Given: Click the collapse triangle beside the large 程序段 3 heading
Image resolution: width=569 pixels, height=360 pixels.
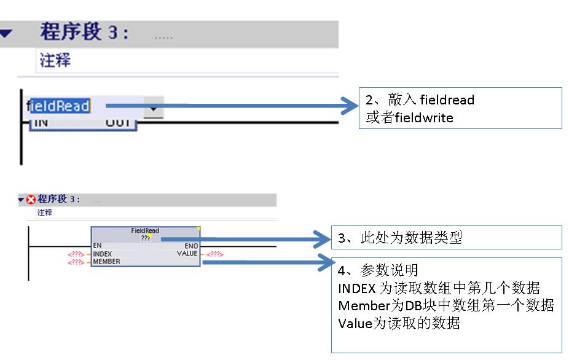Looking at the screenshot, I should click(x=6, y=34).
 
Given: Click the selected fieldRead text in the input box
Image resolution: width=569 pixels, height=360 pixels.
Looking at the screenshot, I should click(x=61, y=106).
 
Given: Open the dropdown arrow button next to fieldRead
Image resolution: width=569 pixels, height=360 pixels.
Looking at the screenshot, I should click(x=154, y=108).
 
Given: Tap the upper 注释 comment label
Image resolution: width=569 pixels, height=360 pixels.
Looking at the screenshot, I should click(x=55, y=60).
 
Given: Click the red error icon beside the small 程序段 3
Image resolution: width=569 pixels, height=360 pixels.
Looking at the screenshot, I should click(x=31, y=200).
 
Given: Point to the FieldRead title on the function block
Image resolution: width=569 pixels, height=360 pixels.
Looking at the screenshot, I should click(x=145, y=231).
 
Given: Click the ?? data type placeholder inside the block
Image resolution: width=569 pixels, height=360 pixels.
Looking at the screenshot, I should click(x=146, y=238).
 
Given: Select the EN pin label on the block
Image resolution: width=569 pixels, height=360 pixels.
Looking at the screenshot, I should click(x=97, y=245).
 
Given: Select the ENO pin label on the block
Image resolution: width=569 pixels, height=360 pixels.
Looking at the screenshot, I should click(x=190, y=245).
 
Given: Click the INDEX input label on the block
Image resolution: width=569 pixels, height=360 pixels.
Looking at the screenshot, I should click(x=102, y=253).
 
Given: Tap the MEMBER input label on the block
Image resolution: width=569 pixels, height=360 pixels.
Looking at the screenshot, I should click(x=106, y=261).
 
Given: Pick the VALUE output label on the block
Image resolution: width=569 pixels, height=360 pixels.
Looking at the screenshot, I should click(x=187, y=253).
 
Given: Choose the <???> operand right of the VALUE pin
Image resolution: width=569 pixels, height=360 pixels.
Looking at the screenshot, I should click(x=214, y=254).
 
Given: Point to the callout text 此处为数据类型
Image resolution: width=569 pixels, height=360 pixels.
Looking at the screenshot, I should click(x=409, y=238).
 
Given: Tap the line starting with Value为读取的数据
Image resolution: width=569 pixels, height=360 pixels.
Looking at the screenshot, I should click(x=399, y=323).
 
